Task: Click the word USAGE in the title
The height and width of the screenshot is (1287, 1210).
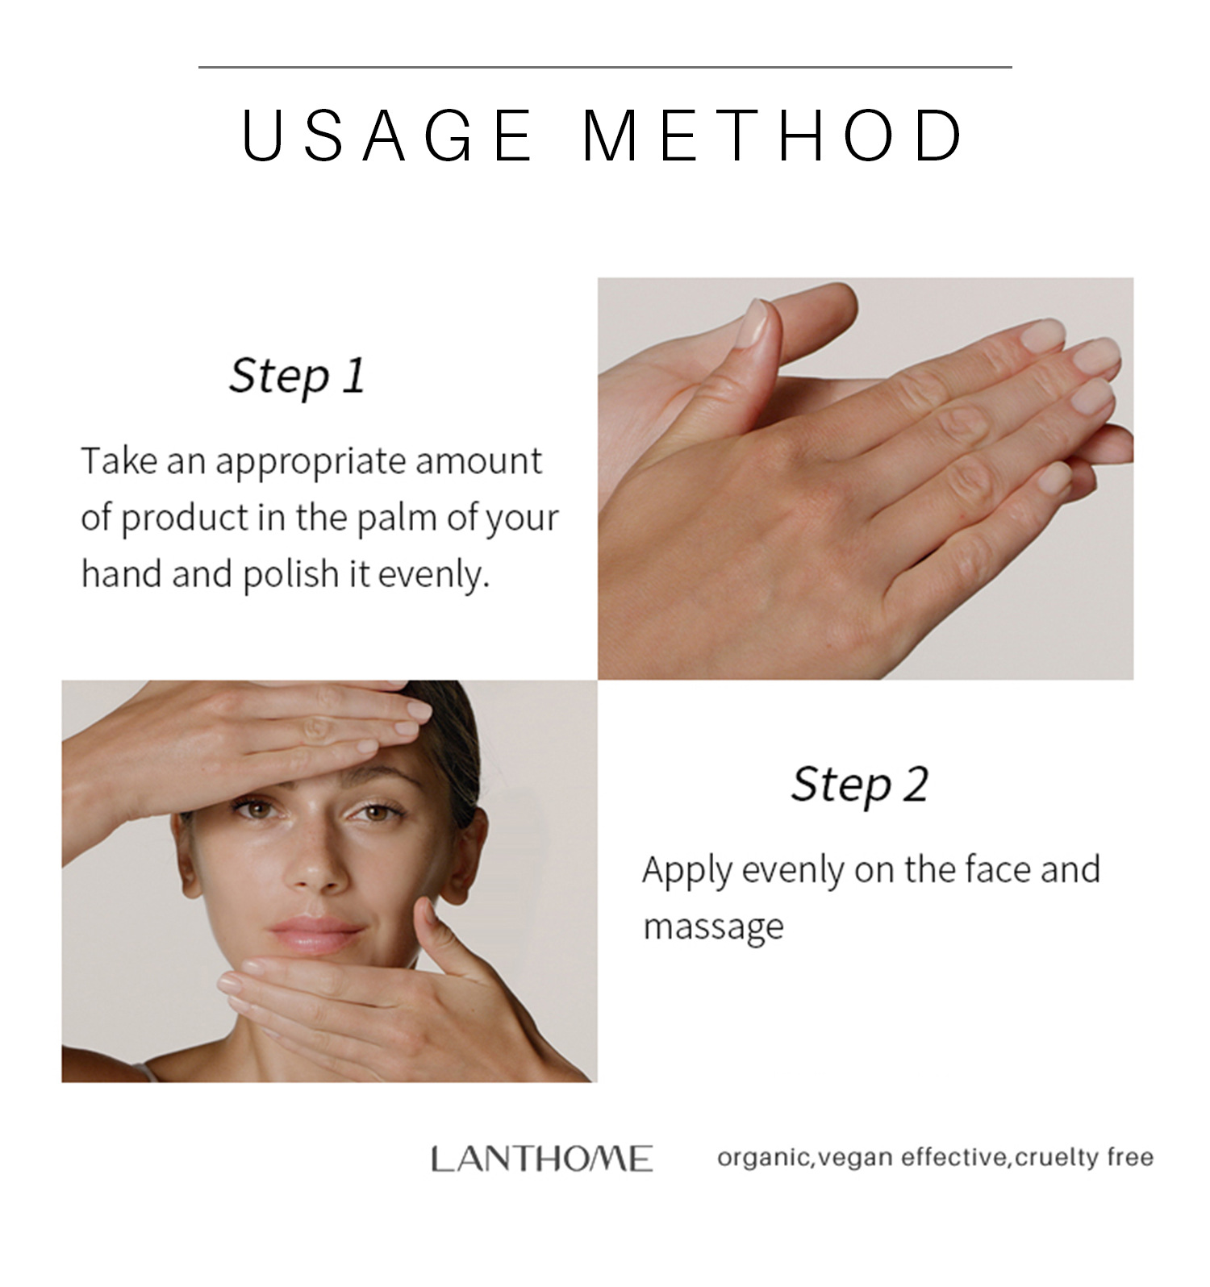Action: click(x=387, y=135)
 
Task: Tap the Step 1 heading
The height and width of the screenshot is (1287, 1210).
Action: click(x=297, y=376)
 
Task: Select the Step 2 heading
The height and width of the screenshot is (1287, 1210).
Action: click(x=859, y=784)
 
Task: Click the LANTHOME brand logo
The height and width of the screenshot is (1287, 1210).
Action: click(x=541, y=1159)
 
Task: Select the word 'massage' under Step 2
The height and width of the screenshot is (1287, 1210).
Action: click(x=712, y=927)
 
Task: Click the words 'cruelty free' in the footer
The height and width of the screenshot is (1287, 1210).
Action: click(x=1084, y=1158)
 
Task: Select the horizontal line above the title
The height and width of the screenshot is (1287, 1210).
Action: click(x=605, y=67)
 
